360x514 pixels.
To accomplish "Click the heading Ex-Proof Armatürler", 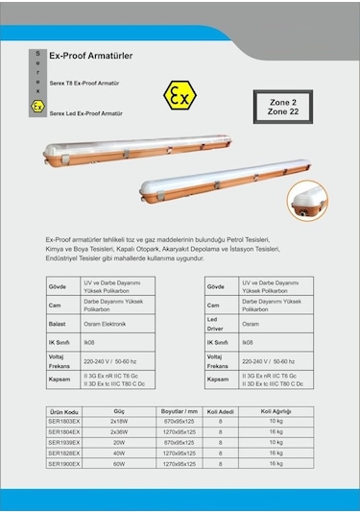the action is (90, 57).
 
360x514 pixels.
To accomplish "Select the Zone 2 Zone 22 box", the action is (282, 107).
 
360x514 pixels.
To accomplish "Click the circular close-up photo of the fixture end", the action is (309, 200).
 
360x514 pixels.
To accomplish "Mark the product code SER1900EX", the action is (64, 463).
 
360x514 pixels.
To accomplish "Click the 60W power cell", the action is (119, 463).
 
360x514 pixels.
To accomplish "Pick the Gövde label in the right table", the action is (217, 286).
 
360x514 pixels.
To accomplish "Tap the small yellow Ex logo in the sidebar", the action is (36, 103).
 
